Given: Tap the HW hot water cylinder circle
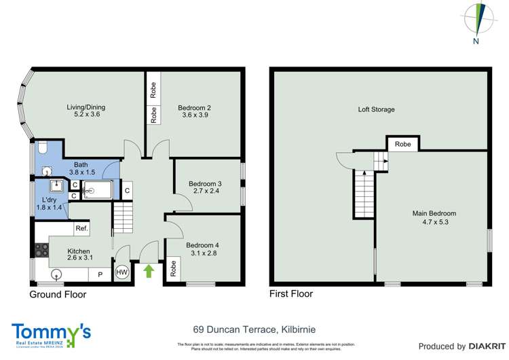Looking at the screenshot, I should click(121, 272).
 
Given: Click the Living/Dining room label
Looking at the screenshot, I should click(86, 107).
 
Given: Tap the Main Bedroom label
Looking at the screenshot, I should click(432, 213).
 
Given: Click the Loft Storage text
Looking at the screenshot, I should click(377, 109).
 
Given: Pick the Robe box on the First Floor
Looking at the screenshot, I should click(402, 144).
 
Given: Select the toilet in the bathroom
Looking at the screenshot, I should click(42, 148).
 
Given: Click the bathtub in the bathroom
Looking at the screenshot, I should click(99, 191).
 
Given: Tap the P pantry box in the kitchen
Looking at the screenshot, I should click(100, 275).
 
